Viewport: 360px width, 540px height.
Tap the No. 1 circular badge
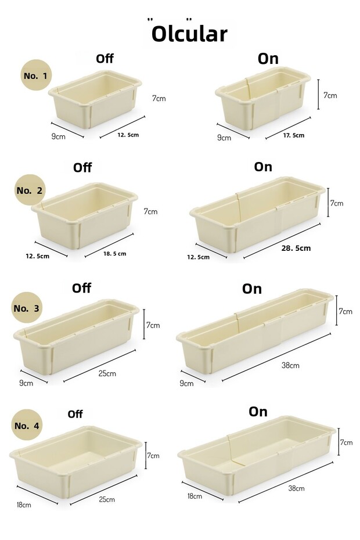(x=36, y=75)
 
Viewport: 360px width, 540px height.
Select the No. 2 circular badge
(x=30, y=190)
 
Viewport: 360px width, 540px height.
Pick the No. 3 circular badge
(x=27, y=308)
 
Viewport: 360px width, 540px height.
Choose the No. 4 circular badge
(x=27, y=425)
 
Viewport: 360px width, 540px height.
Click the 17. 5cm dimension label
(x=294, y=135)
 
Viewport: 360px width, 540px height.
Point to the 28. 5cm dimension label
(x=296, y=248)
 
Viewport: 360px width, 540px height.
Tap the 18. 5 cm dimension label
(x=115, y=254)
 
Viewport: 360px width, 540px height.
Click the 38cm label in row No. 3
(x=290, y=365)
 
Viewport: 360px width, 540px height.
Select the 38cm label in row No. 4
(x=296, y=488)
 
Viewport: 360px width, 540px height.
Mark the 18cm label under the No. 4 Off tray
(x=24, y=505)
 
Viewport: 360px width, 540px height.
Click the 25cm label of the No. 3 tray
(x=107, y=373)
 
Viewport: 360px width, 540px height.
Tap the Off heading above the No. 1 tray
(x=105, y=59)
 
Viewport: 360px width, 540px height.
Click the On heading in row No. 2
(x=263, y=167)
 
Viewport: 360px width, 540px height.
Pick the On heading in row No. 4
(x=258, y=411)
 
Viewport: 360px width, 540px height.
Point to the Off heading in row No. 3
(x=82, y=288)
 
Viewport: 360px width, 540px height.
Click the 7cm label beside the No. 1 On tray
(x=330, y=95)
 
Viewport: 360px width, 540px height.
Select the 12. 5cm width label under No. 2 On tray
(x=198, y=257)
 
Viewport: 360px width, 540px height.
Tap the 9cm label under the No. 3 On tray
(x=186, y=383)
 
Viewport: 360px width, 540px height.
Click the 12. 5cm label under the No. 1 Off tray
(x=128, y=135)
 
